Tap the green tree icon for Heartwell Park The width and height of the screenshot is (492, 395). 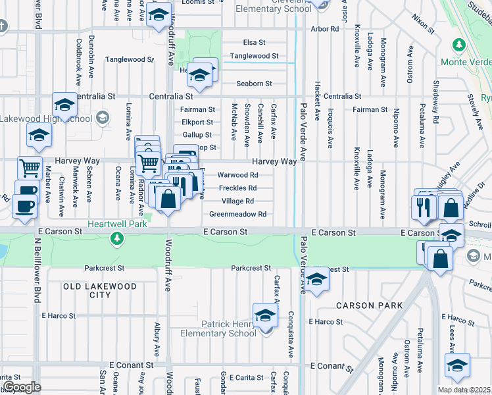(x=118, y=237)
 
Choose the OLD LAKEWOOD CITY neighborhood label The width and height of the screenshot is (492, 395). (x=100, y=290)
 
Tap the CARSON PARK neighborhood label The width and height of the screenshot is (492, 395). (x=364, y=305)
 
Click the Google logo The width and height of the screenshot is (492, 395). (x=21, y=387)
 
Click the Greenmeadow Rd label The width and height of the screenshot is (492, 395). (x=237, y=214)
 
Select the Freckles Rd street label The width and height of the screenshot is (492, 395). (x=237, y=188)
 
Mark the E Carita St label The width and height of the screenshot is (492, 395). (x=237, y=379)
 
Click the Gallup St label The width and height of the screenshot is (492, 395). (x=197, y=134)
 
